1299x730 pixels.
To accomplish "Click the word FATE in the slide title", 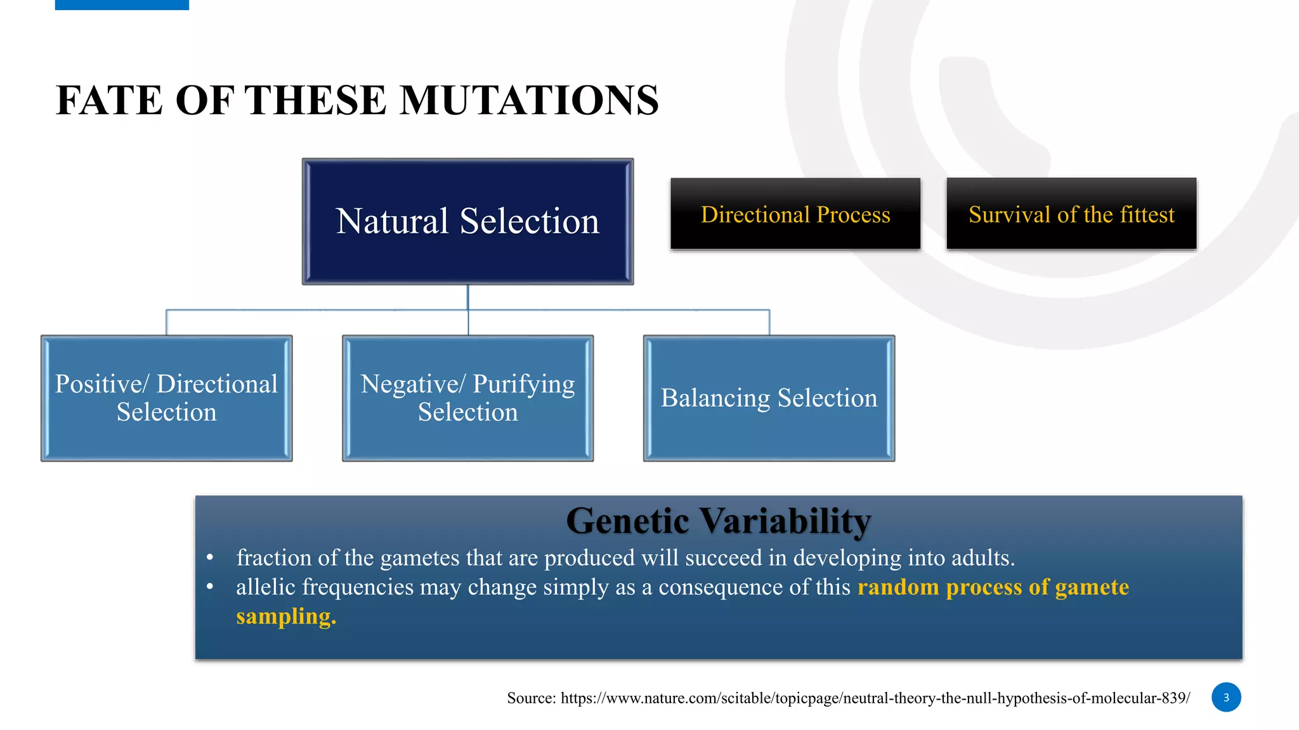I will [x=109, y=101].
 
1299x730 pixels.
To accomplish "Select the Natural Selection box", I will [x=467, y=221].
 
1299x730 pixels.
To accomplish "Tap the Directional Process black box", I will [x=795, y=214].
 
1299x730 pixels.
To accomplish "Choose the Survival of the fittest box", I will [x=1071, y=214].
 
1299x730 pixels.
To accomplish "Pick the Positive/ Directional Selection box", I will [x=166, y=398].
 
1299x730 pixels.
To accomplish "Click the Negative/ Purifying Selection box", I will [x=467, y=398].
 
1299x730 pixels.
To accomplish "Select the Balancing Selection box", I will [x=769, y=398].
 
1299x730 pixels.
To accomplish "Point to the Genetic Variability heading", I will [x=718, y=521].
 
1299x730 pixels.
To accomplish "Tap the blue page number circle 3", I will [x=1225, y=697].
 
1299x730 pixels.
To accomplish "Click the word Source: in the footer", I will [x=531, y=698].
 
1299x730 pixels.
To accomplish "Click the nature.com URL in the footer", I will [x=875, y=698].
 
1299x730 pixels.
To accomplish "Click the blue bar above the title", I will [x=122, y=4].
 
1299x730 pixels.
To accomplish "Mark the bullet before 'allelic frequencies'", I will [x=210, y=587].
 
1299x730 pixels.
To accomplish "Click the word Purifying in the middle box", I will [x=523, y=384].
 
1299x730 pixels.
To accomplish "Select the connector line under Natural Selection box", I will [x=468, y=298].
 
